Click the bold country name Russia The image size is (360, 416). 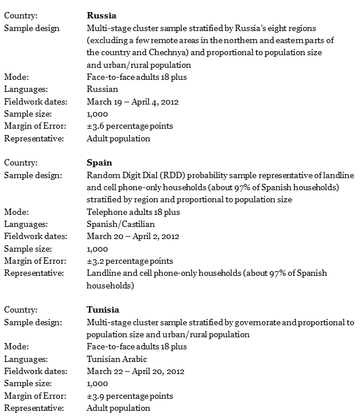pos(101,16)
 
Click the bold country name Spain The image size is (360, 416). pos(99,163)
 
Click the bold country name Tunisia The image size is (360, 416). pos(103,310)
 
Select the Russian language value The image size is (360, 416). pos(102,90)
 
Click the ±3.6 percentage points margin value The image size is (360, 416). pos(130,126)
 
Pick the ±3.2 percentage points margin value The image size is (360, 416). pos(130,261)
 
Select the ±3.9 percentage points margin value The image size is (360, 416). pos(130,396)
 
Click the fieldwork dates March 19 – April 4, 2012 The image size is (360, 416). pos(133,102)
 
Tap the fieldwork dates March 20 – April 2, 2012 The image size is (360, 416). pos(133,237)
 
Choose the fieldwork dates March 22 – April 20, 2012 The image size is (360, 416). pos(136,372)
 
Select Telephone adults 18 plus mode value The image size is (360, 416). pos(133,212)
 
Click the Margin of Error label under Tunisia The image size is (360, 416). pos(34,396)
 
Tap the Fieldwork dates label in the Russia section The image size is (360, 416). pos(35,102)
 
